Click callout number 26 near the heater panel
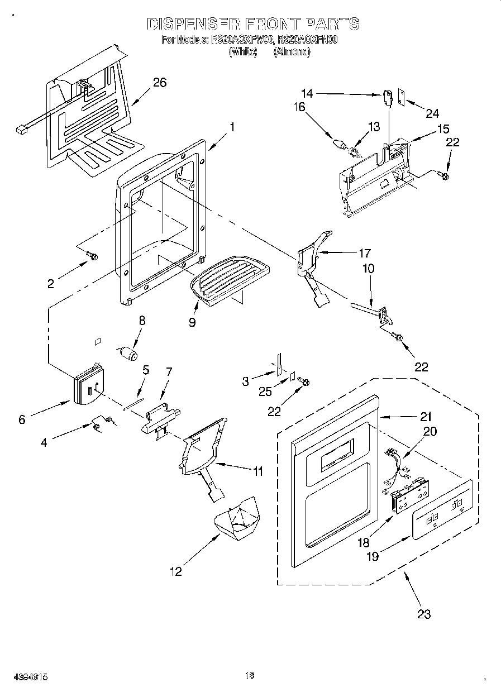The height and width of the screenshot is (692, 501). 160,83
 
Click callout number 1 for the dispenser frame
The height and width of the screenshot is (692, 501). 232,127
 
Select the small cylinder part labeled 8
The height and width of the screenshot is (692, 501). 130,354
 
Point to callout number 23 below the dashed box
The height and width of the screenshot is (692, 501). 424,614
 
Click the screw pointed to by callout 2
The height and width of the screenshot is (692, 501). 93,256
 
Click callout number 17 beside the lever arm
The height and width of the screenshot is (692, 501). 365,252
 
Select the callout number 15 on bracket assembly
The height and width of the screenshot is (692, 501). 443,128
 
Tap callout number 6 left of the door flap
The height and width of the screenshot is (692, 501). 22,419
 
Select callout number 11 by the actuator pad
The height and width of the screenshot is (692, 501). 257,471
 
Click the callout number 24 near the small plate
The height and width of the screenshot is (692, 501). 432,113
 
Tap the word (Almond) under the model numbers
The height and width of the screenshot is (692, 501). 292,52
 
